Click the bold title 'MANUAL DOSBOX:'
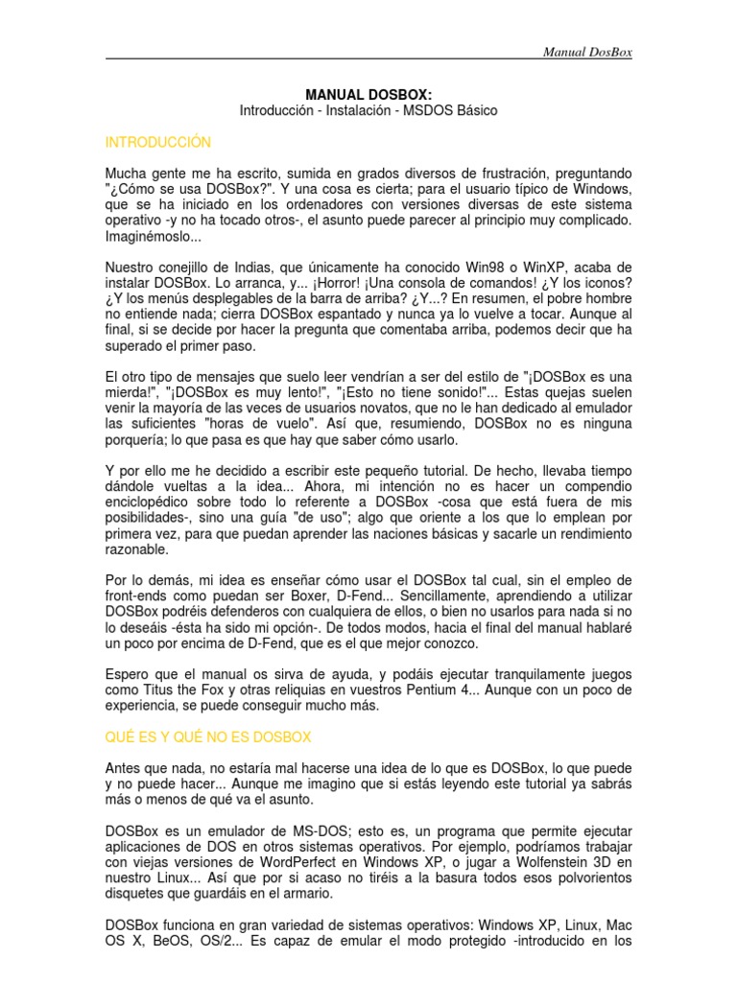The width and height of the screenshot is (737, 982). point(368,95)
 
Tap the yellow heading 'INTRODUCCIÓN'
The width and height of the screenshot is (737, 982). point(157,142)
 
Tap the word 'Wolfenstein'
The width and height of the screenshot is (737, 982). point(536,861)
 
